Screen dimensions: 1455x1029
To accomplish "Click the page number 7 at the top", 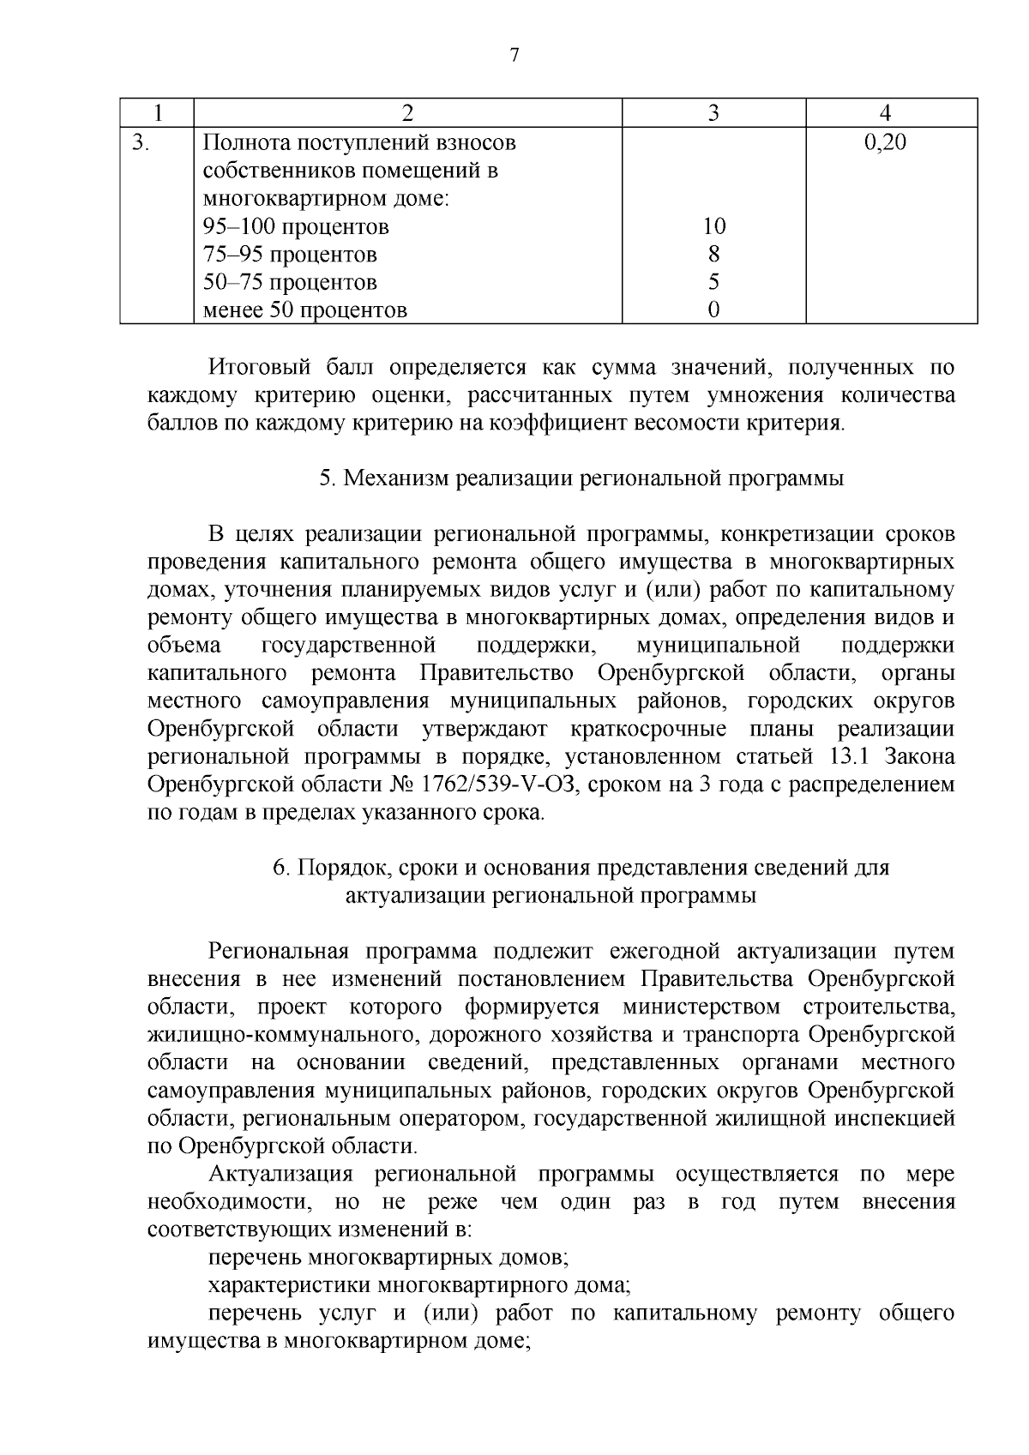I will (514, 56).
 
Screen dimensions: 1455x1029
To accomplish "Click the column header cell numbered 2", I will (407, 113).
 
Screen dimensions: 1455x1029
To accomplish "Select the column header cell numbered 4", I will (886, 113).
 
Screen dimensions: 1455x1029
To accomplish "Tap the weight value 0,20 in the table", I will (886, 142).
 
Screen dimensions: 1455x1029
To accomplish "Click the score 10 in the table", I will (713, 226).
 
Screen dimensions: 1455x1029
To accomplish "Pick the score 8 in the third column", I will (713, 255).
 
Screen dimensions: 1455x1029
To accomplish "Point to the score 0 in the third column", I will (713, 310).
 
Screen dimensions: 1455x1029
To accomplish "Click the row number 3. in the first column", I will (141, 142).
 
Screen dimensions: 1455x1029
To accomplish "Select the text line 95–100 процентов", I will (296, 227).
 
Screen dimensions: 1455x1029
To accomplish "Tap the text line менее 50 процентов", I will (304, 310).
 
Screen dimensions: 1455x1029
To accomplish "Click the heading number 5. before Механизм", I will (328, 478).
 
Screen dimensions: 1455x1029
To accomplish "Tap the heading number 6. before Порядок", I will (281, 868).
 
